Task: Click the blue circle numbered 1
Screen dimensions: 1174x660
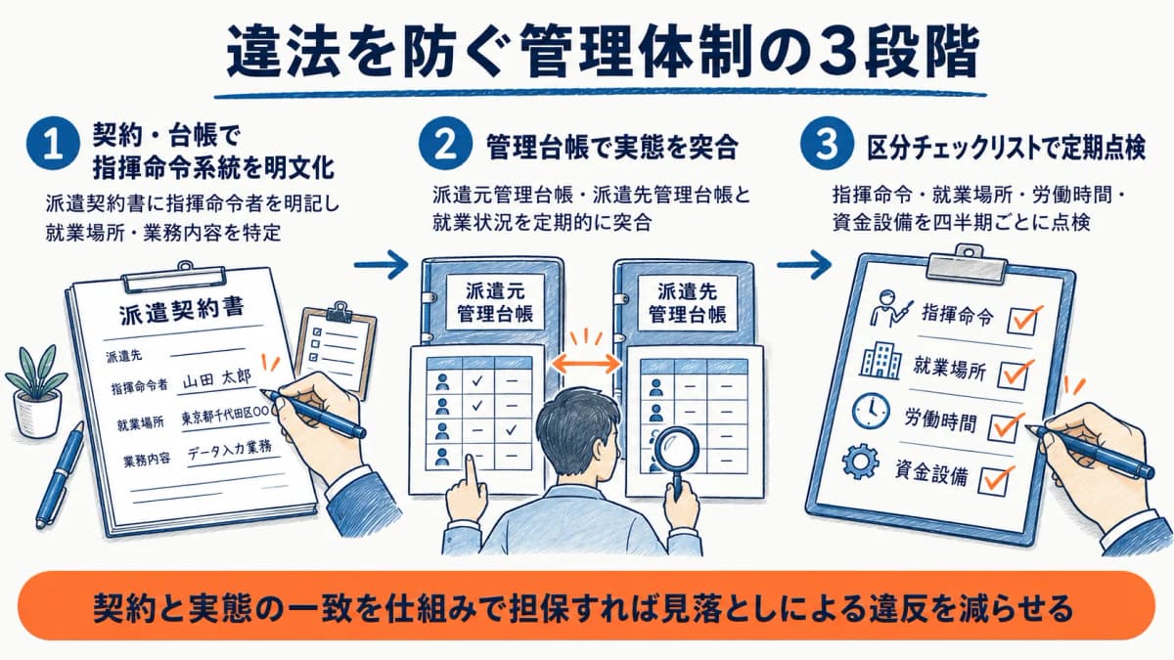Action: pos(53,144)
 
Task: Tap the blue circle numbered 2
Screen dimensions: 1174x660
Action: pos(445,143)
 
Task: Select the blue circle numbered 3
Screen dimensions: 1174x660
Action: pos(827,143)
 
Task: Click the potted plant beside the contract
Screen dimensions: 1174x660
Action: pos(37,390)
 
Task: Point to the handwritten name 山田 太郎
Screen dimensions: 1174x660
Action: pos(217,378)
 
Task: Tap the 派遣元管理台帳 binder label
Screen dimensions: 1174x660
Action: pos(495,302)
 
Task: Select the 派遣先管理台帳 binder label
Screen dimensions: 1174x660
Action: pos(687,302)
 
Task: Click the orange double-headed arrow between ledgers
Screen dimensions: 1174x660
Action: pos(586,364)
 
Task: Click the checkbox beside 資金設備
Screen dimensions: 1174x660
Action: pos(994,480)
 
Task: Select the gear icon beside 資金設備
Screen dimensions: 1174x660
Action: pos(860,461)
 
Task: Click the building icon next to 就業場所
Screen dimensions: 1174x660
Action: pos(880,361)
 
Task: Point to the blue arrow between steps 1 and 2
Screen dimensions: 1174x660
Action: pos(381,265)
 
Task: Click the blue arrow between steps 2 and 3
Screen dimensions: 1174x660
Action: pos(804,265)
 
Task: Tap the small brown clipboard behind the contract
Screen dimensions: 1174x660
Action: pos(337,348)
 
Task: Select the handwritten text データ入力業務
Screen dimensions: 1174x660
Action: pos(230,452)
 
